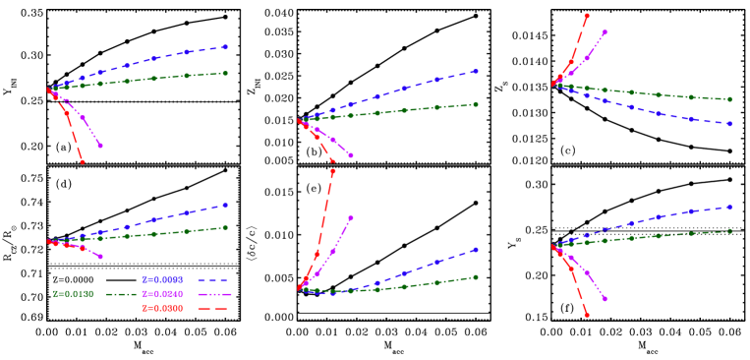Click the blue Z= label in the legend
coord(162,280)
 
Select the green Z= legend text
coord(73,294)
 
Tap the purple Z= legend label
coord(162,294)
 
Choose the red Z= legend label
coord(162,309)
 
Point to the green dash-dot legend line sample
coord(121,294)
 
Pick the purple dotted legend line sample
coord(213,294)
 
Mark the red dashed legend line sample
coord(213,309)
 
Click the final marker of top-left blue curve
coord(226,47)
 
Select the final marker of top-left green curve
coord(226,73)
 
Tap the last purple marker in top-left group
coord(100,146)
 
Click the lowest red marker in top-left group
coord(83,161)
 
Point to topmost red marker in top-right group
coord(587,16)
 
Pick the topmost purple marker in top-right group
coord(605,32)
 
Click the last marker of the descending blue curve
coord(729,124)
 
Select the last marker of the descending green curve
coord(729,99)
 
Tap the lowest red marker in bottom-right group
coord(587,315)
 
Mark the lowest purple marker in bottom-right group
coord(605,299)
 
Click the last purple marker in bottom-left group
coord(100,257)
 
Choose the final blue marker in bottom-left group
coord(226,205)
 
